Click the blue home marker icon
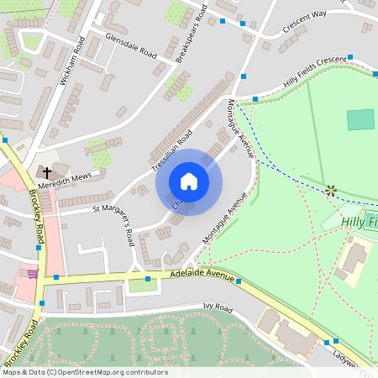(189, 181)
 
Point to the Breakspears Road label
(191, 33)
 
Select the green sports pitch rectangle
(360, 119)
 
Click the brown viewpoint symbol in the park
(331, 191)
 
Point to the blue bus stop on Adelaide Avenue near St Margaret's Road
(147, 278)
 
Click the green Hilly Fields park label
(360, 222)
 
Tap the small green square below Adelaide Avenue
(143, 285)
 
